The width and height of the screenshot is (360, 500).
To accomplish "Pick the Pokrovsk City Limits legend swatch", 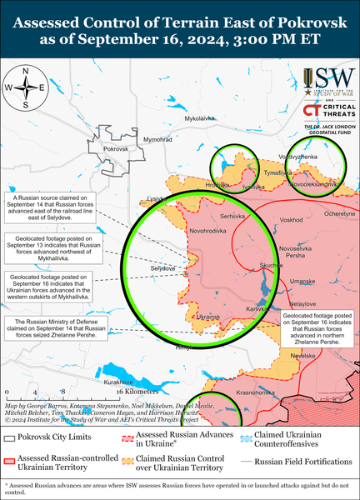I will click(11, 437).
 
